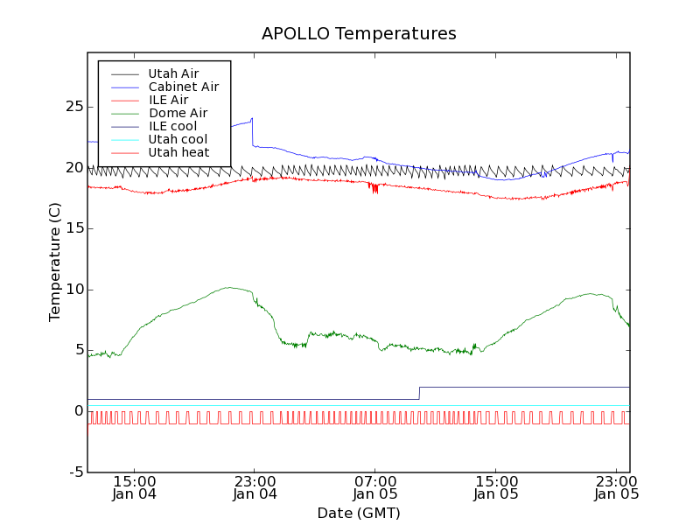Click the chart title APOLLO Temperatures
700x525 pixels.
click(359, 34)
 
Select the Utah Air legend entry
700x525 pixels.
click(173, 73)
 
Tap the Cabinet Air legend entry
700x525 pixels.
click(184, 87)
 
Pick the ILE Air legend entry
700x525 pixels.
click(168, 100)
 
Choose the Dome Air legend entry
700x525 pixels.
click(178, 113)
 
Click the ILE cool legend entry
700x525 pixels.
click(172, 126)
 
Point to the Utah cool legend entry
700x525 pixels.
click(178, 139)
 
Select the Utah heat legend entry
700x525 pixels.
click(178, 152)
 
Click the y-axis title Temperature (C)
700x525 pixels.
click(55, 262)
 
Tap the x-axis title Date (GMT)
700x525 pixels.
click(359, 513)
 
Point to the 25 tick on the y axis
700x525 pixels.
click(73, 107)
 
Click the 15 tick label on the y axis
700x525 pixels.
click(73, 228)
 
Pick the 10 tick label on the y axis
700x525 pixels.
click(73, 290)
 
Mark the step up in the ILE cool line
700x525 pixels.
click(419, 393)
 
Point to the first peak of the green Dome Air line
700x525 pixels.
click(229, 287)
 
